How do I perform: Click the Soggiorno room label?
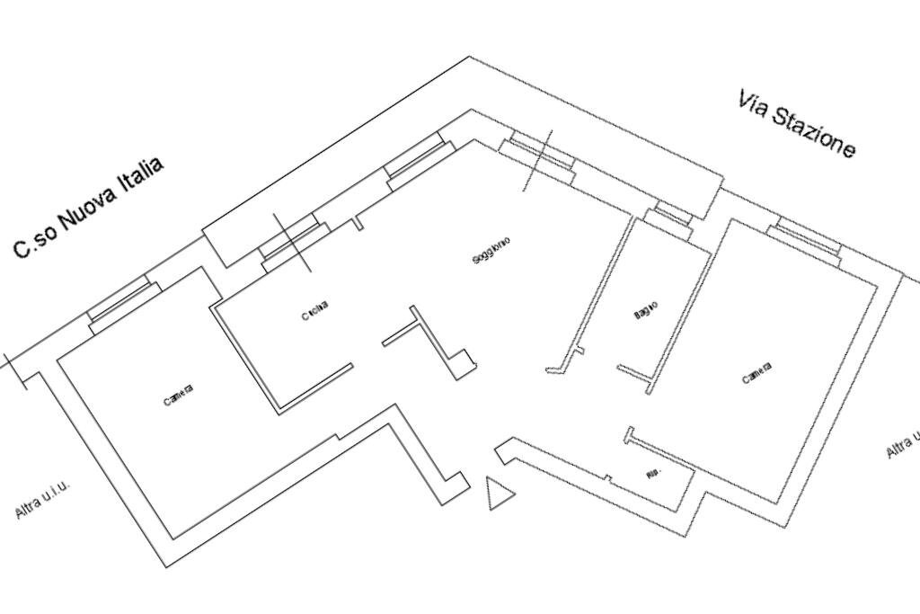coord(491,251)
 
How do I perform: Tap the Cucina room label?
coord(314,310)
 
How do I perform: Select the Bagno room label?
coord(645,310)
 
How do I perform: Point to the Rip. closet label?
coord(653,472)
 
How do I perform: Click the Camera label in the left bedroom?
coord(178,395)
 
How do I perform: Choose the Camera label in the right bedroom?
coord(756,373)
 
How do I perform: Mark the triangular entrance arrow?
coord(499,494)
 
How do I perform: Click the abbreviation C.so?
coord(32,241)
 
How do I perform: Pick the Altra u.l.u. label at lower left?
coord(41,500)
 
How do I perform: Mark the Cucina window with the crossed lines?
coord(291,243)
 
